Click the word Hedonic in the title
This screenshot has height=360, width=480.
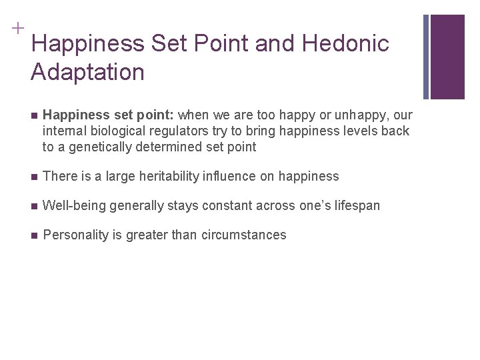point(345,44)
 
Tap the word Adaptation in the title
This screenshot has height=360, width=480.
point(87,72)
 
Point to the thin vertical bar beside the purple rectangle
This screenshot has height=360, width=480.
point(427,57)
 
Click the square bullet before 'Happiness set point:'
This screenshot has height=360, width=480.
point(34,115)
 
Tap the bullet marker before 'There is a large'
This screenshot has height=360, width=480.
point(34,177)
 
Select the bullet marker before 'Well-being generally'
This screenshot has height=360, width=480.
point(34,206)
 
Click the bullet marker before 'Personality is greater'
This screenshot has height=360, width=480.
point(34,235)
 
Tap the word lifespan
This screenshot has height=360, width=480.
point(356,206)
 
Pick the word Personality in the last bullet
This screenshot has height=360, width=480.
point(74,235)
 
